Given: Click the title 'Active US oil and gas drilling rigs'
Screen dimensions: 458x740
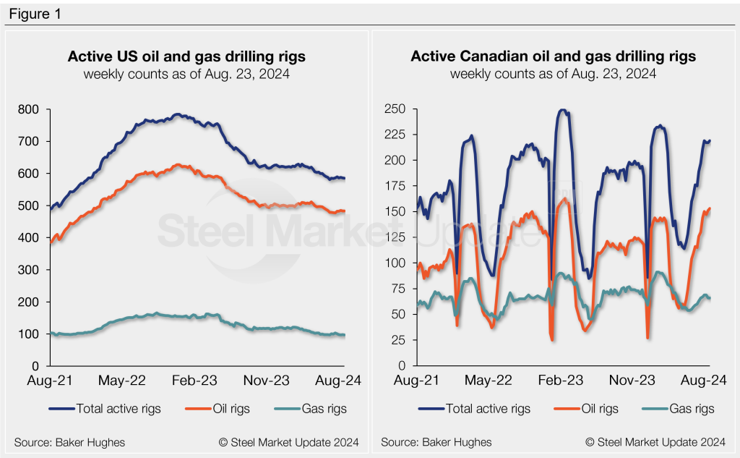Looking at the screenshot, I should [186, 56].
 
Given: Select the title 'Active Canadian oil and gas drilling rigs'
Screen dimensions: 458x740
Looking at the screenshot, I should [553, 56].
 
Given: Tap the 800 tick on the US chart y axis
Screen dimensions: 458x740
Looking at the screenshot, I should [30, 109].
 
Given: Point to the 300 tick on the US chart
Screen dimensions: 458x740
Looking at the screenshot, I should [30, 270].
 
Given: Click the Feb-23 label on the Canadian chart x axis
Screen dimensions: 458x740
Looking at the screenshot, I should [561, 380].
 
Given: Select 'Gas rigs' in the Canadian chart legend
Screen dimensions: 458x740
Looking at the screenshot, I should [690, 409].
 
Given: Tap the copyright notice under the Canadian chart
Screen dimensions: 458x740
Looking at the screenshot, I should [655, 441].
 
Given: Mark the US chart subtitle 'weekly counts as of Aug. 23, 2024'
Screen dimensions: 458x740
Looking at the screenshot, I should [186, 74].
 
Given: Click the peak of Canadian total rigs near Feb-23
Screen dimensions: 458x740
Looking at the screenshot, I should [562, 110].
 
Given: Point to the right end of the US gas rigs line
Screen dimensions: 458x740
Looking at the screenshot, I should [344, 335].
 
